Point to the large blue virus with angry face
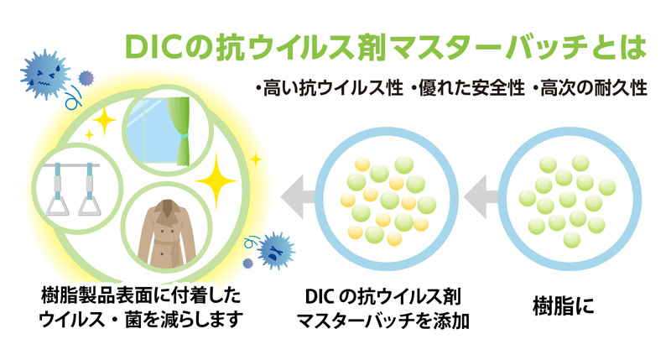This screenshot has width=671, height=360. (44, 75)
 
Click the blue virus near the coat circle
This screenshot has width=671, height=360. (275, 250)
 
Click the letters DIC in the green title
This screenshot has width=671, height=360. (154, 47)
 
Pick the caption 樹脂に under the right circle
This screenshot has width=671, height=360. (563, 306)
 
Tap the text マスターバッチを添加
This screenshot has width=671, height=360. (383, 321)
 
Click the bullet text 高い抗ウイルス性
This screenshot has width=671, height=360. (329, 89)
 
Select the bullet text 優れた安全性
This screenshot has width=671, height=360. (467, 89)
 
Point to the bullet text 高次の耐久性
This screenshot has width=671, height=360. (590, 89)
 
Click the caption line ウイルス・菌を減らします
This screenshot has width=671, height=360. (141, 320)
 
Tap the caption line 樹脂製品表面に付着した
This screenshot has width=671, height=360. (141, 295)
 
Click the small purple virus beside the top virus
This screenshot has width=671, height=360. (86, 78)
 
